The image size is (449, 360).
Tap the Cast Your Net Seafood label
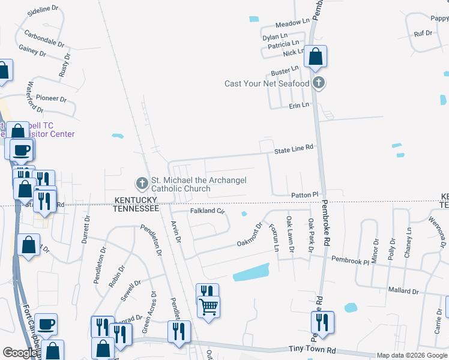coord(267,83)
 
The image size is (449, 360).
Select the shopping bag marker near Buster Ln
coord(315,58)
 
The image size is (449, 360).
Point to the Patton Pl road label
coord(304,195)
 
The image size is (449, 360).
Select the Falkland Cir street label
coord(207,211)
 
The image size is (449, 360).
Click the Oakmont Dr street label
coord(250,236)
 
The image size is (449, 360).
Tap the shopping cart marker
coord(208,307)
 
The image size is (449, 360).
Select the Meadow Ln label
coord(292,22)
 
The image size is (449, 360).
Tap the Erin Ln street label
coord(299,105)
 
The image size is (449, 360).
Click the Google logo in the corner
coord(19,353)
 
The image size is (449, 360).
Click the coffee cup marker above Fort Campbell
coord(46,325)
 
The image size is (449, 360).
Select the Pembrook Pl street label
coord(350,261)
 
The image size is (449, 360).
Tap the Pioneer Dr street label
coord(51,98)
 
